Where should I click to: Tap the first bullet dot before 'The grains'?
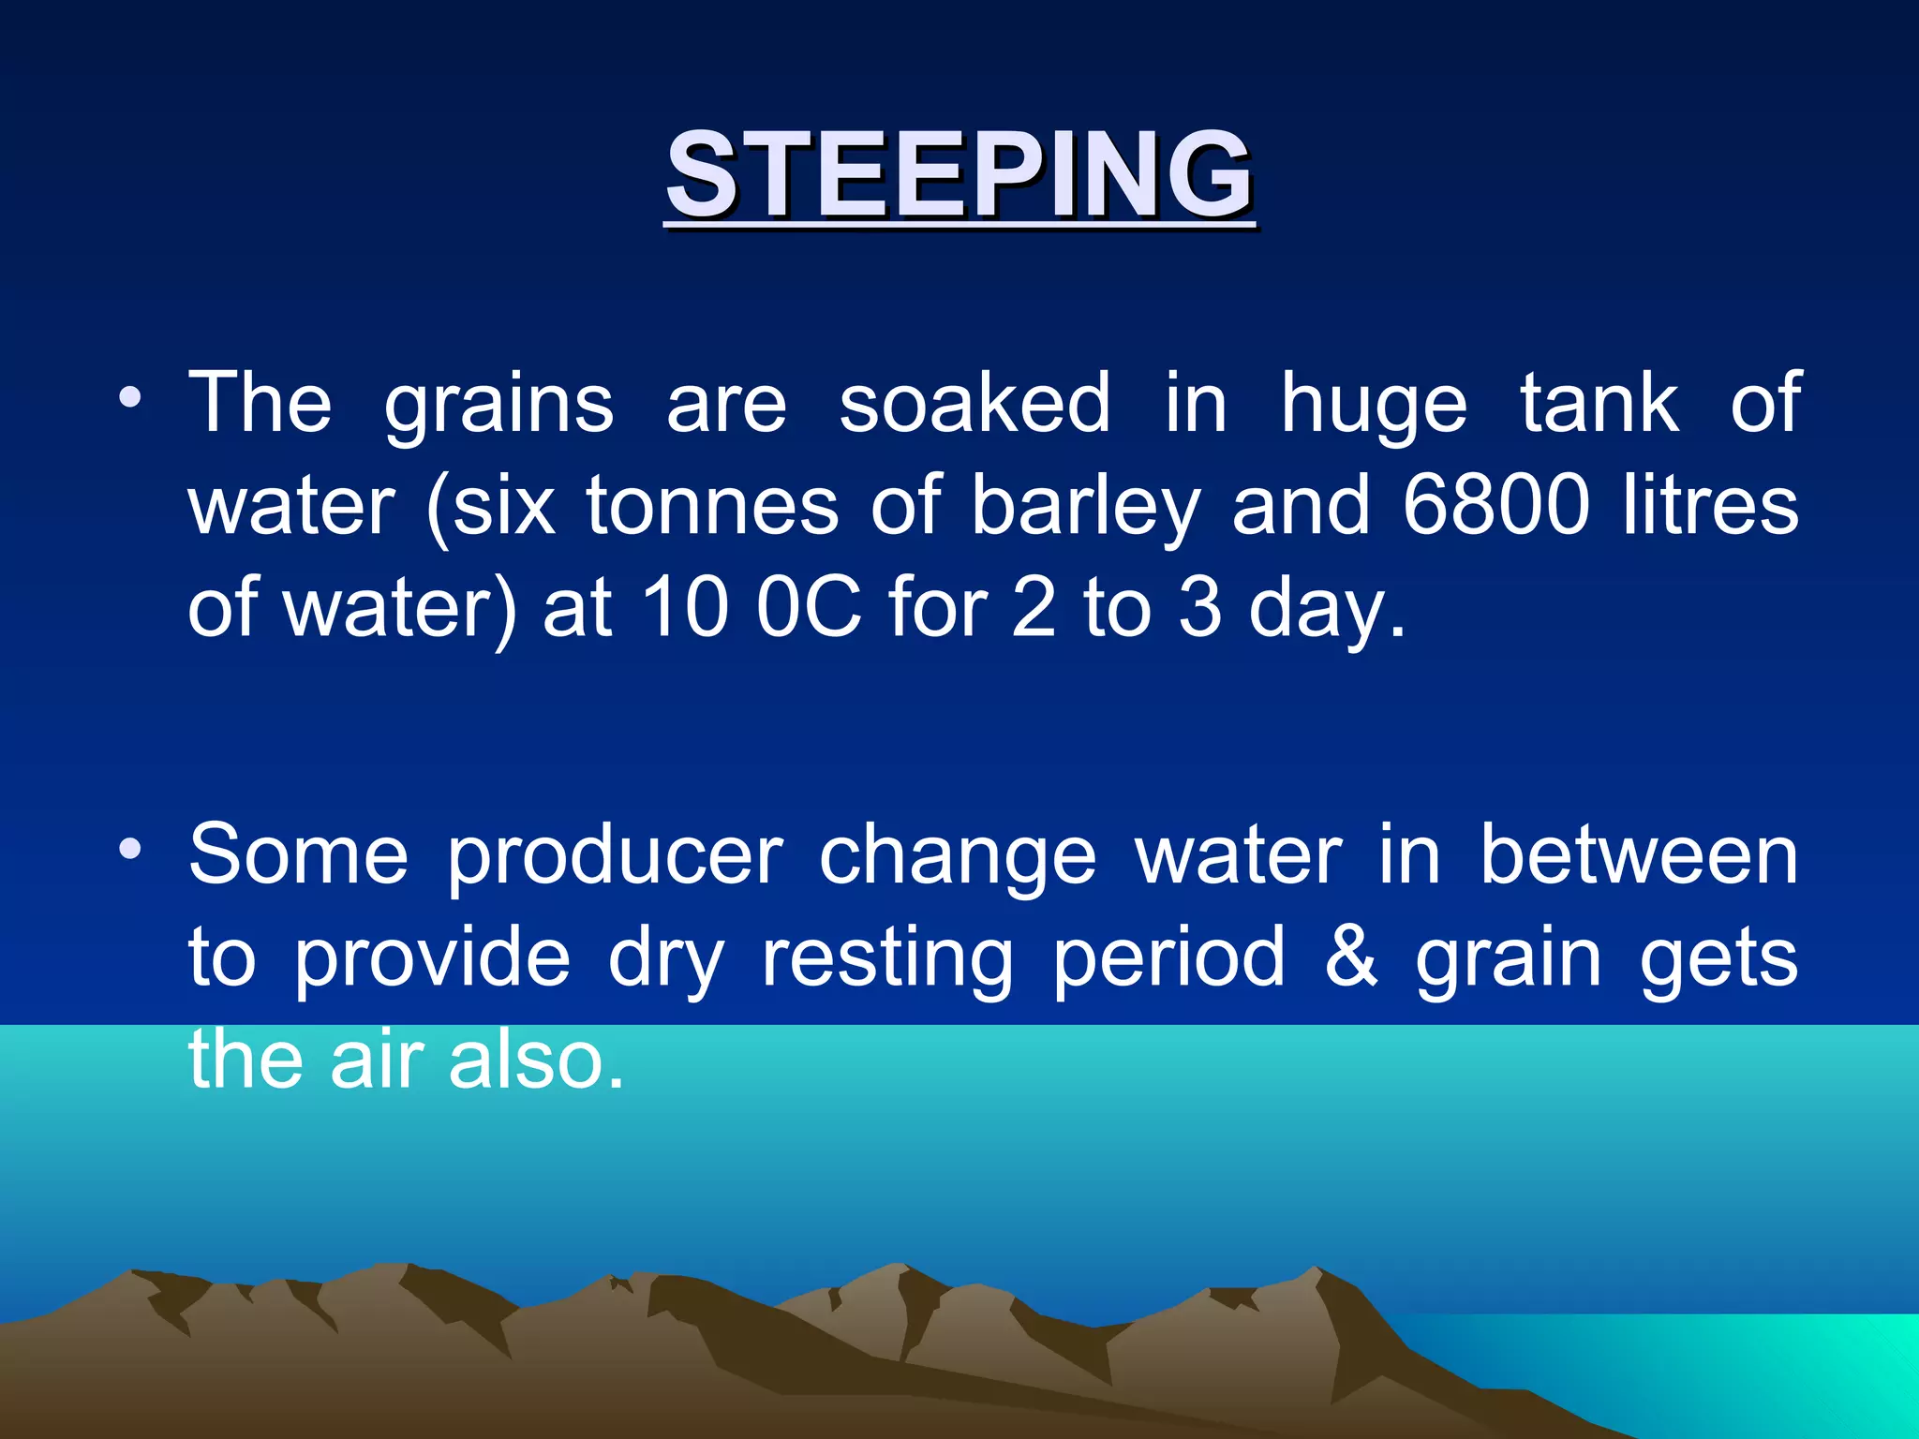click(130, 399)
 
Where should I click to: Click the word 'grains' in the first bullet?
click(498, 406)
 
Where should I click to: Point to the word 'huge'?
click(1373, 406)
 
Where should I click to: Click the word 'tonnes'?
click(712, 506)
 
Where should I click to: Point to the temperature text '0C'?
click(809, 608)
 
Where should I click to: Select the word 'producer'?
click(614, 856)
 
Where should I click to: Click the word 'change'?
click(957, 856)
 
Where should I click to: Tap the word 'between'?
click(1638, 854)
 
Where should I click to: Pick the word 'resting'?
click(886, 959)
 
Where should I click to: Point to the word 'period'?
click(1168, 959)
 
